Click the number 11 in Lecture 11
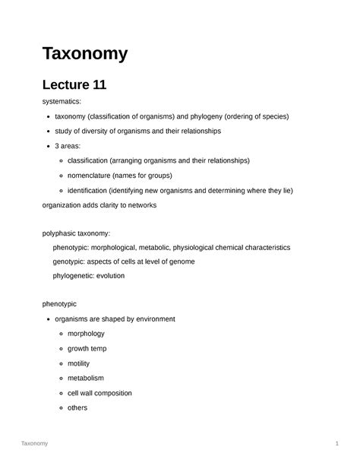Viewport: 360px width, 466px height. [x=96, y=85]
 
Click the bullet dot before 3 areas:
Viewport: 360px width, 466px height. [x=48, y=146]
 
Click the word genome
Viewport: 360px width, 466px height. [x=179, y=262]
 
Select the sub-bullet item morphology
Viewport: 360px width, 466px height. [x=86, y=334]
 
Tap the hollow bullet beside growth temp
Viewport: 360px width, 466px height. [x=60, y=349]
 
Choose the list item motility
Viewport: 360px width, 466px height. [x=80, y=363]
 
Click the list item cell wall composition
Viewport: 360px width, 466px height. [x=99, y=393]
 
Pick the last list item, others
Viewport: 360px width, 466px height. [x=77, y=407]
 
